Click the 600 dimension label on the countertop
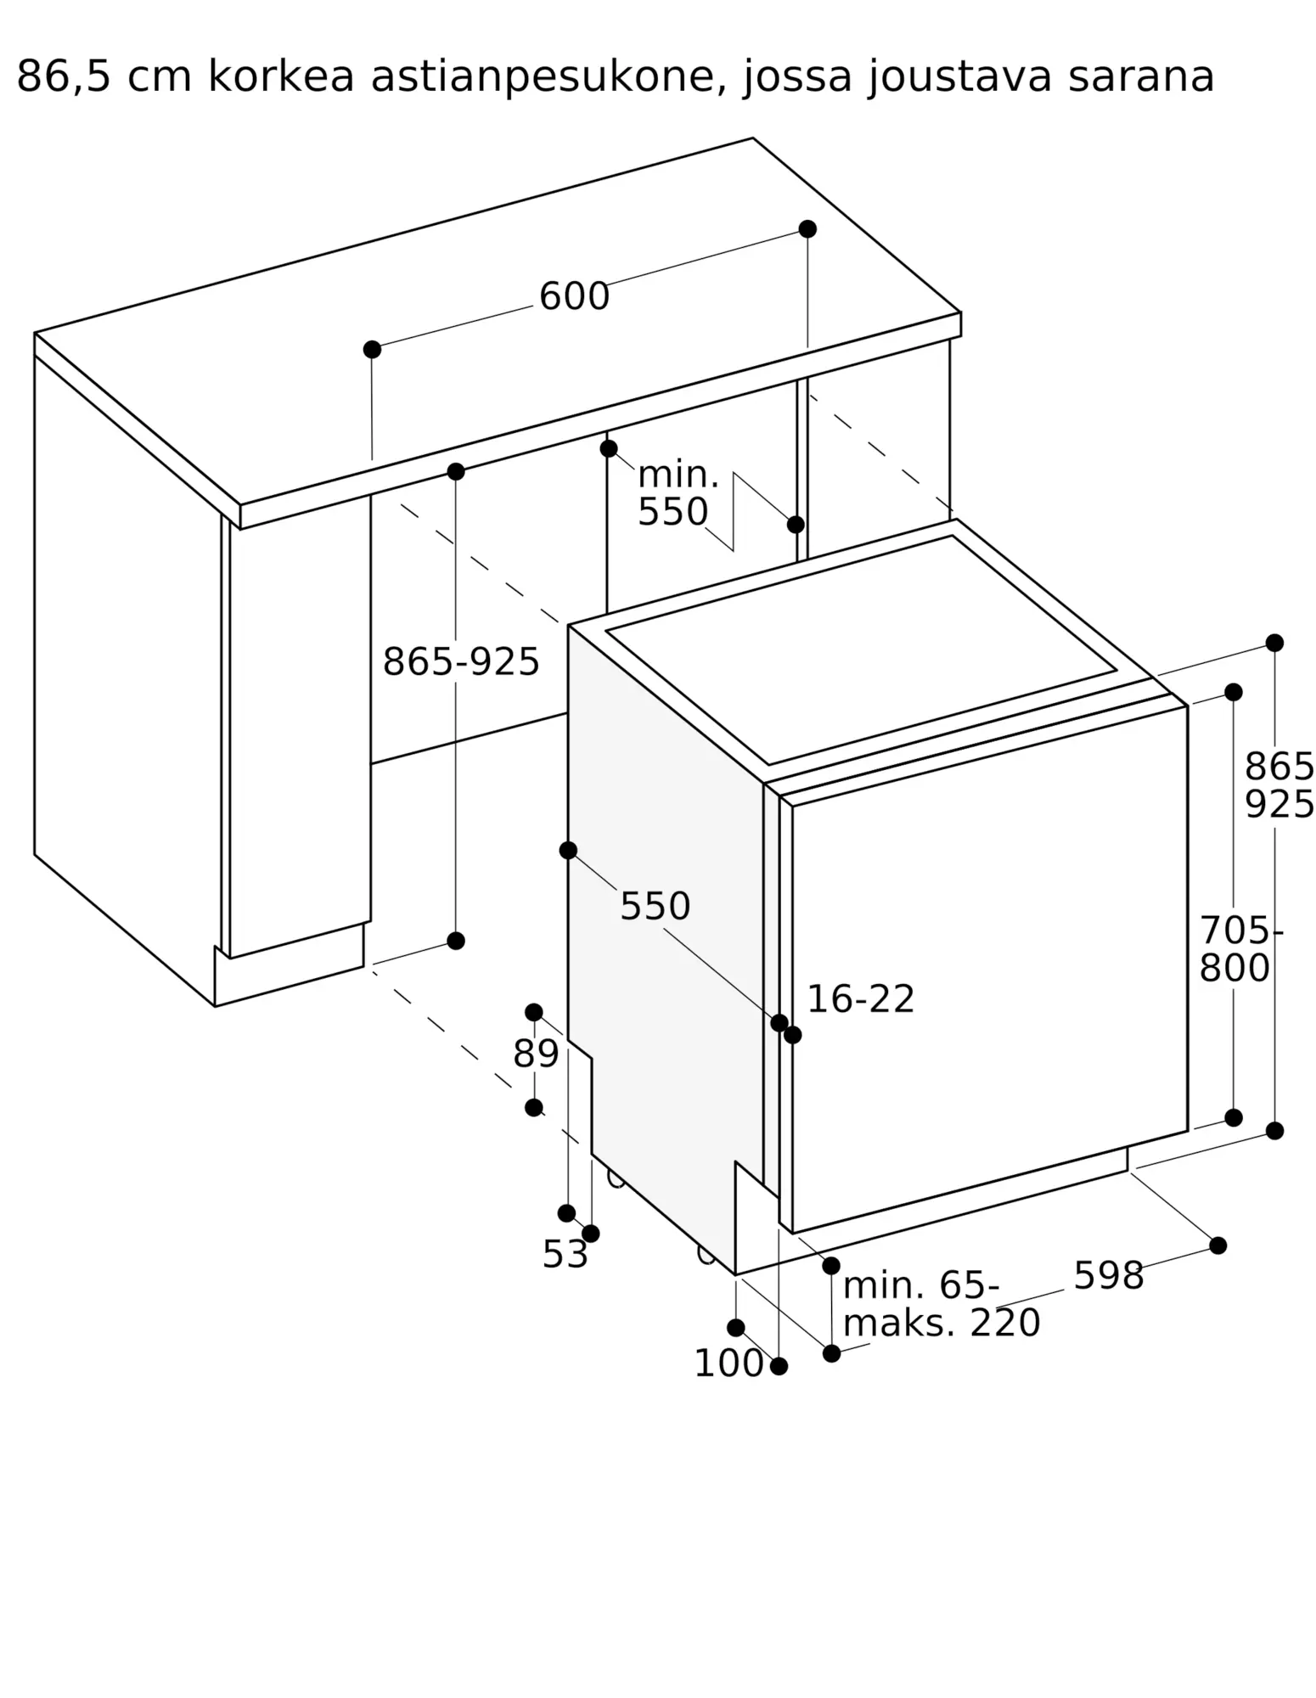pyautogui.click(x=574, y=297)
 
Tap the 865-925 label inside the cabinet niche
pyautogui.click(x=461, y=661)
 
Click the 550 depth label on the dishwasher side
pyautogui.click(x=655, y=907)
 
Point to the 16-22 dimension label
pyautogui.click(x=860, y=999)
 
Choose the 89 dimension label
pyautogui.click(x=536, y=1054)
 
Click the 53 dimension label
pyautogui.click(x=565, y=1255)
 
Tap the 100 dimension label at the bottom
pyautogui.click(x=728, y=1363)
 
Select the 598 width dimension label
pyautogui.click(x=1109, y=1276)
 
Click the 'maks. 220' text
pyautogui.click(x=942, y=1324)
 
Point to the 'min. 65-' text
pyautogui.click(x=921, y=1286)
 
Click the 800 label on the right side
pyautogui.click(x=1234, y=969)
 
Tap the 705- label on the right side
pyautogui.click(x=1240, y=931)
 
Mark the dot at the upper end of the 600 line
pyautogui.click(x=807, y=229)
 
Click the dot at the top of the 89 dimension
pyautogui.click(x=534, y=1012)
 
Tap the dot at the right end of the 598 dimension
pyautogui.click(x=1218, y=1245)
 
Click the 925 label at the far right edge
pyautogui.click(x=1279, y=805)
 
